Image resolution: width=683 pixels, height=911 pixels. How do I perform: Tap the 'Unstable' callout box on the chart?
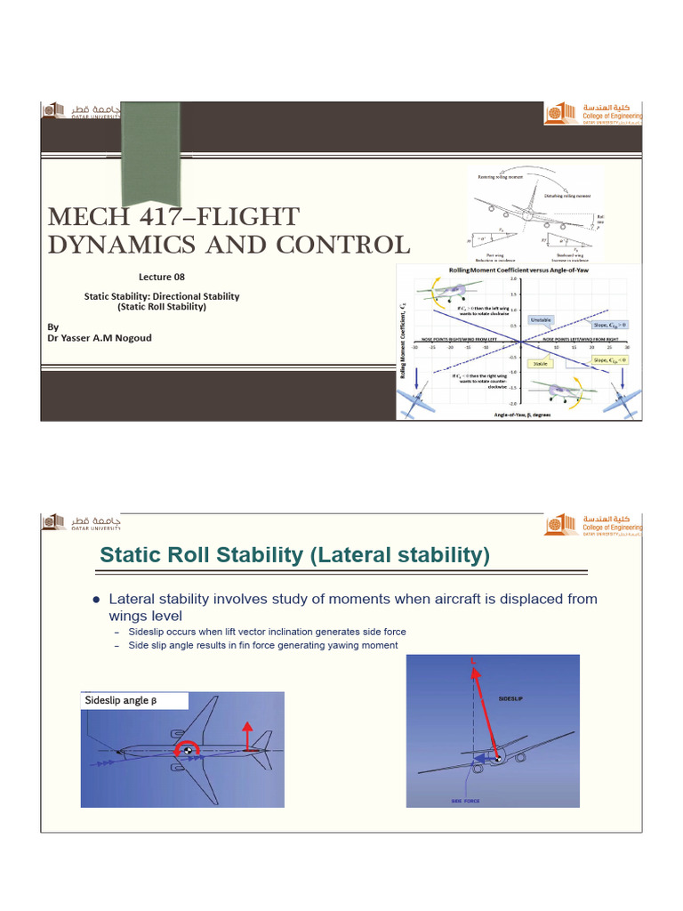pos(542,318)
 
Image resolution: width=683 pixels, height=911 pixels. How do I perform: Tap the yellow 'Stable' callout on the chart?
pos(538,364)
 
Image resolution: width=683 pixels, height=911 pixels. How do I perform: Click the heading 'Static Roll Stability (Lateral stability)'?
pos(294,555)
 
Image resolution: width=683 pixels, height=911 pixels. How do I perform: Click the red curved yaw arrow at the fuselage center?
pos(189,752)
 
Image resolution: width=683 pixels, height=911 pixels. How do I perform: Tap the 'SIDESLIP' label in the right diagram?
pos(511,700)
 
